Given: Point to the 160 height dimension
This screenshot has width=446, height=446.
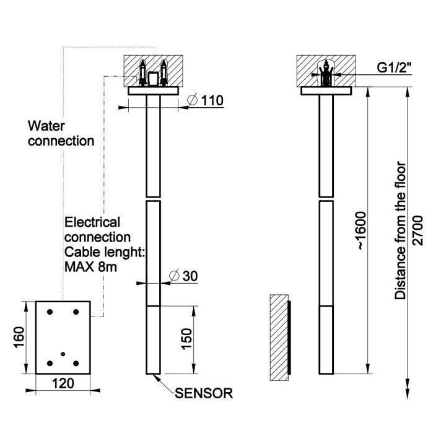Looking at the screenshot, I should (x=19, y=337).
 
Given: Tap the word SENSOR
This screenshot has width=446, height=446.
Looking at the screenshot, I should (x=204, y=392).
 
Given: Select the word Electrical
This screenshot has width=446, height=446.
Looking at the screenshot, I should (x=93, y=222).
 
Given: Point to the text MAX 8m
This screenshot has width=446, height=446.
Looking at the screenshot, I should (x=91, y=268).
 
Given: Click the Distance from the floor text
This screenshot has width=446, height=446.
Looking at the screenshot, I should (x=401, y=231).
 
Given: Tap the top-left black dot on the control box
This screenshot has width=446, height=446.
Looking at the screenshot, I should (x=51, y=312).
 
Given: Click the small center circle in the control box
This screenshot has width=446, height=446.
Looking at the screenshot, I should (x=63, y=353).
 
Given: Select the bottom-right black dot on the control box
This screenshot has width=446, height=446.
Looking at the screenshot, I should (x=76, y=364).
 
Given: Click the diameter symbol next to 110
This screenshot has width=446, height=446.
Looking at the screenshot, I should (x=192, y=100).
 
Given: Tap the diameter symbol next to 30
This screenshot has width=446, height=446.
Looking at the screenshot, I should (x=175, y=276).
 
